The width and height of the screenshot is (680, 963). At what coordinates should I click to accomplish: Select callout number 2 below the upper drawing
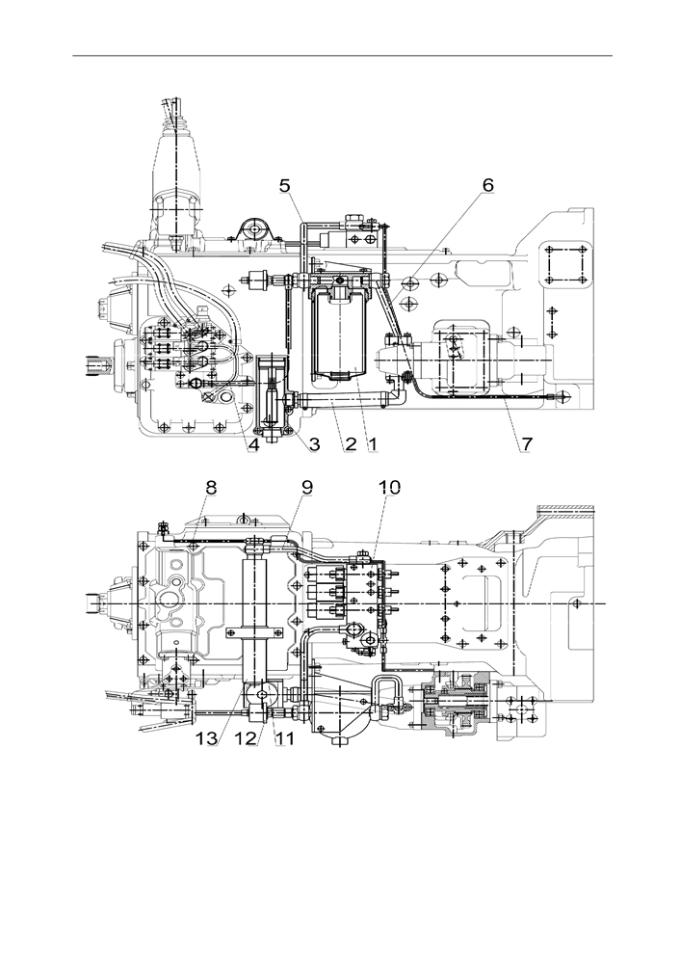point(350,444)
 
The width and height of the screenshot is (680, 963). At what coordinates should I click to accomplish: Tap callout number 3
point(314,444)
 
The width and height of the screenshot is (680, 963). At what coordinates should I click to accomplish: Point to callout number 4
point(253,444)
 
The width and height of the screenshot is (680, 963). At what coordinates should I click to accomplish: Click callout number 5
point(285,185)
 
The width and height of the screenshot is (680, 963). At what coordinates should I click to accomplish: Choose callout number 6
point(488,185)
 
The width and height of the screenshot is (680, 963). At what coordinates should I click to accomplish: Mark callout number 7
point(527,443)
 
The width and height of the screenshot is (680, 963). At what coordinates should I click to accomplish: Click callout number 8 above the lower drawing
point(211,488)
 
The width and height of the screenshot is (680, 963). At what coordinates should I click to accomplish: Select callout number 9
point(307,487)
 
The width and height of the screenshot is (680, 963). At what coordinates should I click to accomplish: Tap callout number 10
point(390,488)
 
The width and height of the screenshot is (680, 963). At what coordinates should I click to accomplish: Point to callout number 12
point(246,738)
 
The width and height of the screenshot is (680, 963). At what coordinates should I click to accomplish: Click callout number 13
point(207,738)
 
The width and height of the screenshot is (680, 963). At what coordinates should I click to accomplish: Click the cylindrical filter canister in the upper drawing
point(339,334)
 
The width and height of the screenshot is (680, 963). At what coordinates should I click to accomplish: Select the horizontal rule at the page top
point(343,56)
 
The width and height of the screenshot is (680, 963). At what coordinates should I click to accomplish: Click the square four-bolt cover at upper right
point(564,264)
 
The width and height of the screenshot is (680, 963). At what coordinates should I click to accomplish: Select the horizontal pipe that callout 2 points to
point(344,402)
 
